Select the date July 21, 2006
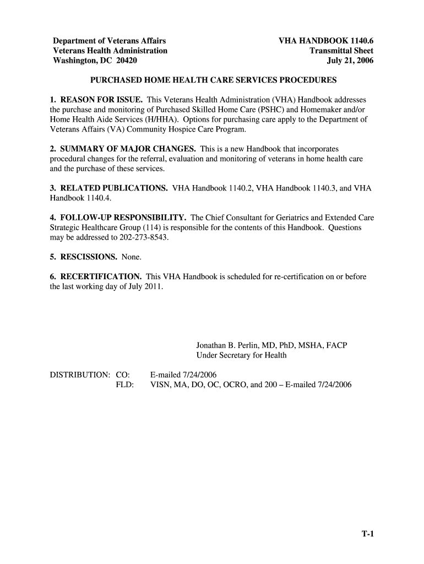[x=350, y=61]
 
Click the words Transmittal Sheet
[x=341, y=51]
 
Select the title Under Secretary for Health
[x=241, y=355]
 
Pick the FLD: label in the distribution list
[x=125, y=385]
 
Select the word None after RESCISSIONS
[x=131, y=257]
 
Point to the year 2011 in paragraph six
[x=154, y=286]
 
